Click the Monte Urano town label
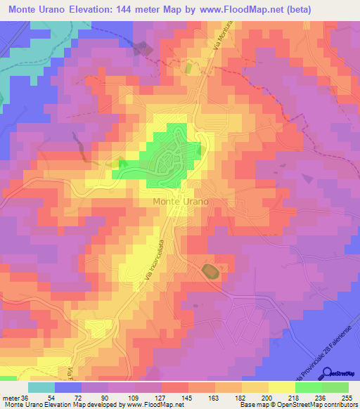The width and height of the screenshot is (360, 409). (x=181, y=201)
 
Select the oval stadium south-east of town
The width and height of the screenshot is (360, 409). (x=210, y=271)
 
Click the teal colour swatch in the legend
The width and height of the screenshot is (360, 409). (x=41, y=387)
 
